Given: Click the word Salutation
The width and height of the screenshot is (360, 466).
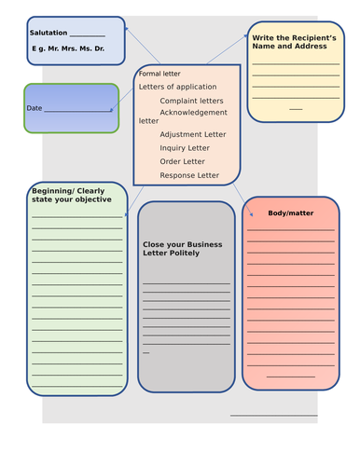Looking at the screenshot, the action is pos(48,33).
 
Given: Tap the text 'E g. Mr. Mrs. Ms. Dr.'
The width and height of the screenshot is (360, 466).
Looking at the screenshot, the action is pos(67,47).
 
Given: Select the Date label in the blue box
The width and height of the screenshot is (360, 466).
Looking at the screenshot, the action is pos(35,109).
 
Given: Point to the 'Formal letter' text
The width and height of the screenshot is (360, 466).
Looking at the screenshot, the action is pos(159,74).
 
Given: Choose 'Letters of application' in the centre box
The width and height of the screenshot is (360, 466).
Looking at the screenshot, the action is pos(177,87).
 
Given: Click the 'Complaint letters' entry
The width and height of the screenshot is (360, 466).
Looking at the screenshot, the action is pos(192,101).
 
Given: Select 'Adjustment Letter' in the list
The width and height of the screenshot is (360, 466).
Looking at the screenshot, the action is pos(193,134).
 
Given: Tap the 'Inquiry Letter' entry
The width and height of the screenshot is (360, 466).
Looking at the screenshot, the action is pos(185,147).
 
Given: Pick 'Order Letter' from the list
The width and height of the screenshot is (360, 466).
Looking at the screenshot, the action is pos(183,161).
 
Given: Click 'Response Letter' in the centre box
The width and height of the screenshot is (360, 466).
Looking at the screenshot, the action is pos(189,175).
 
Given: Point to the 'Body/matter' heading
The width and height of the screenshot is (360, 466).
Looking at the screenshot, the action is pos(291,213).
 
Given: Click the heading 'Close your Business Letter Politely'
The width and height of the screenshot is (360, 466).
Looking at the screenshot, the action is pos(184,249).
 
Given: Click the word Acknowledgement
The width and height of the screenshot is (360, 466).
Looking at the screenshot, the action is pos(194,112).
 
